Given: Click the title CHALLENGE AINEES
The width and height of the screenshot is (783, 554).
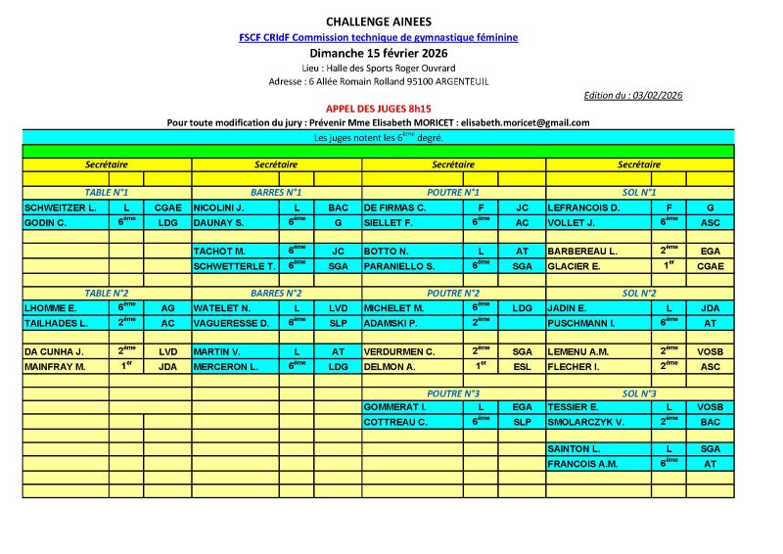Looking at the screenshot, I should click(x=378, y=22).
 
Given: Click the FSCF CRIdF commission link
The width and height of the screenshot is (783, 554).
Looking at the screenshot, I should click(x=378, y=37).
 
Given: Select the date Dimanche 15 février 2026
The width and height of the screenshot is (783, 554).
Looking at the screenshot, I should click(x=378, y=52).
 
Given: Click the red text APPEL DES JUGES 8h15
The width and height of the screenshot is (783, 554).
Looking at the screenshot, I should click(x=378, y=110).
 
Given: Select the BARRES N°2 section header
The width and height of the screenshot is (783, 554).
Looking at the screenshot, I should click(x=276, y=293).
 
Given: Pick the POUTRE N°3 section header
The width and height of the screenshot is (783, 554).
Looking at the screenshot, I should click(x=453, y=392).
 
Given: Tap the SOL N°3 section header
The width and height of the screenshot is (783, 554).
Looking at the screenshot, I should click(x=639, y=392).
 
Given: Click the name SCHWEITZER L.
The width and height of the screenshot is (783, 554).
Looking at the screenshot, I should click(x=61, y=208).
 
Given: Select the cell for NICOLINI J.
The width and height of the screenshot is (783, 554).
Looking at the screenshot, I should click(x=219, y=208).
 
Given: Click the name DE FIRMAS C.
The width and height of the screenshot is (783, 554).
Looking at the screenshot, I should click(x=395, y=208).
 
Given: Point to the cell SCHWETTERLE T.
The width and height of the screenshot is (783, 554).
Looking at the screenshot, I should click(x=235, y=265).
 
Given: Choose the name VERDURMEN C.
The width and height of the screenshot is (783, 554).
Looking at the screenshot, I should click(x=400, y=350).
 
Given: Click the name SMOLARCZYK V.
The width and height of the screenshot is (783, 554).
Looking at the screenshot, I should click(x=586, y=422).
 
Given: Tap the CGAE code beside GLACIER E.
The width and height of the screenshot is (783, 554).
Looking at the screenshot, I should click(x=710, y=265).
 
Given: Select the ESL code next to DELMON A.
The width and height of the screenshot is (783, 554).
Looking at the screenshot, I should click(x=522, y=366).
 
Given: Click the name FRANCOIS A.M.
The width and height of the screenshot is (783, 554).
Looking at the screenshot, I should click(x=583, y=463).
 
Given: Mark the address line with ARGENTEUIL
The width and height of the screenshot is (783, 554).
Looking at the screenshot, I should click(x=378, y=81).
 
